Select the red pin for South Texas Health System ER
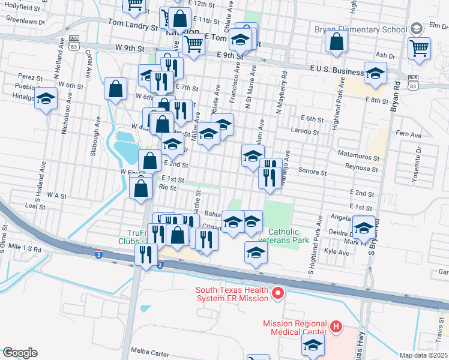(277, 293)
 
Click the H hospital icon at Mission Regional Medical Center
(336, 327)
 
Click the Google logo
(20, 353)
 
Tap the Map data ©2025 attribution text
(423, 355)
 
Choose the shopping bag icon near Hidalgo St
(115, 89)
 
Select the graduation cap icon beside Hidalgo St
(46, 99)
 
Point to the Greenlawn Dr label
(25, 20)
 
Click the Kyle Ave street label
(336, 253)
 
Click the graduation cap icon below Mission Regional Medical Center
(313, 346)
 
